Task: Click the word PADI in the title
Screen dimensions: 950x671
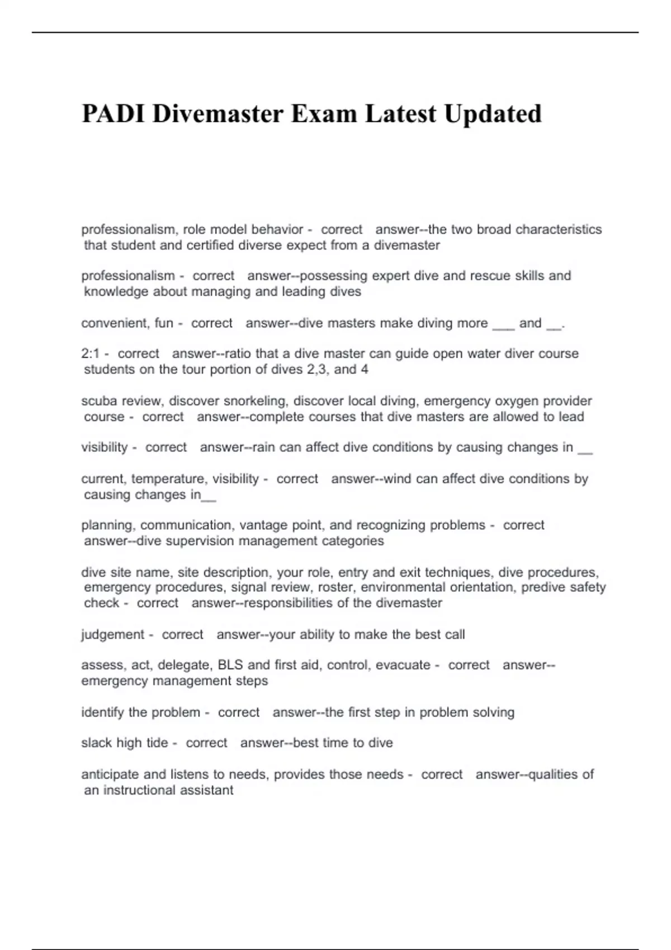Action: click(x=113, y=114)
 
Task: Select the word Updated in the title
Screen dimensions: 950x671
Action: click(x=493, y=114)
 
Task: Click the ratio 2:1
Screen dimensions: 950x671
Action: click(x=91, y=354)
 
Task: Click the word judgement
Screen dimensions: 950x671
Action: click(x=113, y=635)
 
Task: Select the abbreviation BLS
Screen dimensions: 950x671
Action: click(x=230, y=665)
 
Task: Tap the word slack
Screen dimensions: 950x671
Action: click(x=96, y=743)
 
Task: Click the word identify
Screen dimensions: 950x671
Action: click(x=103, y=712)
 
